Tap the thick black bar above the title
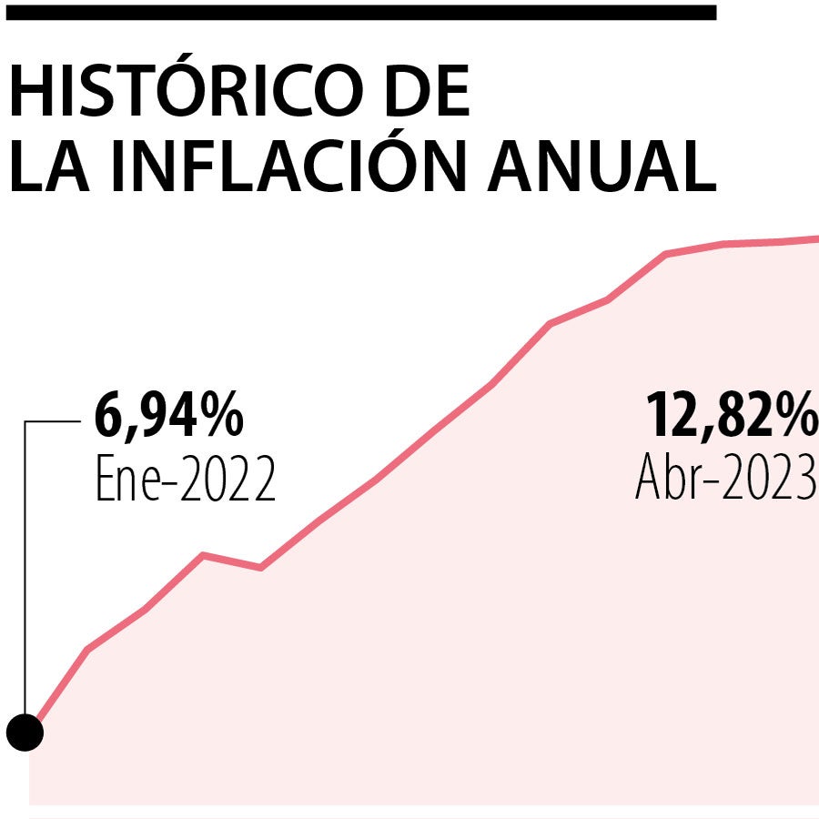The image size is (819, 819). coord(359,12)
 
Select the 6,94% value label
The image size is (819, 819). coord(169,416)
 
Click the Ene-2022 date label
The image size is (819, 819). coord(185,480)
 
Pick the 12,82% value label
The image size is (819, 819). coord(732,416)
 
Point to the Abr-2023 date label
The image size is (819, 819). coord(725,477)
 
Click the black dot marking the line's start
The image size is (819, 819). coord(25,732)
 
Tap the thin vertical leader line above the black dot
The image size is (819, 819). coord(25,564)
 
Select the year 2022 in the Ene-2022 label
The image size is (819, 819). coord(227,480)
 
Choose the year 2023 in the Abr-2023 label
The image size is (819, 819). coord(769,477)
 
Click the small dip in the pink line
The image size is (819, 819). coord(261,568)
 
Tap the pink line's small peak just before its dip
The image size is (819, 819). coord(203,554)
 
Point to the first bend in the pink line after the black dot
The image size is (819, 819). coord(87,649)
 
